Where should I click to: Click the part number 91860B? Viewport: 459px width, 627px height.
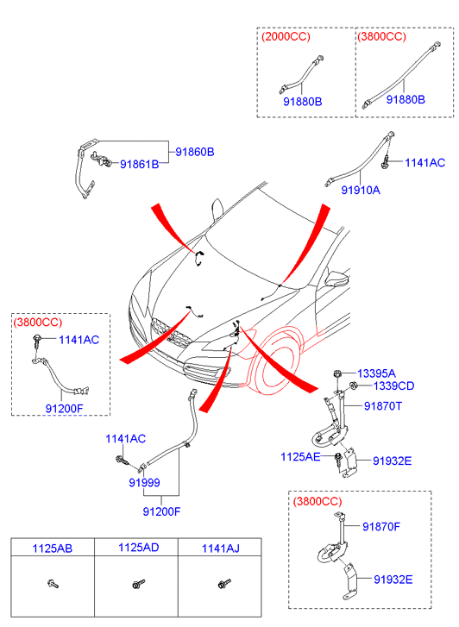coord(195,152)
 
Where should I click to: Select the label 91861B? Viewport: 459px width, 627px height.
coord(139,165)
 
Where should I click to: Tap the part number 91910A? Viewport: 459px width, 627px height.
coord(361,190)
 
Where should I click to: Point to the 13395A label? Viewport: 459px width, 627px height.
coord(376,373)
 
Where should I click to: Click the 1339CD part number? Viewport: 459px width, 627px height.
coord(393,386)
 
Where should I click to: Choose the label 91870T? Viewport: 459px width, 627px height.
coord(382,406)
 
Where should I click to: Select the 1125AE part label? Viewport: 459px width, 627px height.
coord(300,456)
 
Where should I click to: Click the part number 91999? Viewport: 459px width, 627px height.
coord(144,483)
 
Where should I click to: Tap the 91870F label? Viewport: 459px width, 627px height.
coord(381,527)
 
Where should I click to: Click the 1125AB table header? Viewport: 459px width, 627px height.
coord(53,549)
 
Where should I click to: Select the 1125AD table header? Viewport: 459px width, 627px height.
coord(138,548)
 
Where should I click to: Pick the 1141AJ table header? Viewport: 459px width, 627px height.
coord(221,549)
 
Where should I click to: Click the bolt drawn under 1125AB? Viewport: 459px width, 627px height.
coord(53,584)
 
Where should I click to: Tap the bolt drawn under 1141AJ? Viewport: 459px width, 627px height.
coord(224,583)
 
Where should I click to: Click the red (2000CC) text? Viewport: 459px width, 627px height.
coord(286,36)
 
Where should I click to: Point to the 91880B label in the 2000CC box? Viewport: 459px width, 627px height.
coord(303,102)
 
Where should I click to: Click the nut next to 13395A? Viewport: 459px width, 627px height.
coord(337,374)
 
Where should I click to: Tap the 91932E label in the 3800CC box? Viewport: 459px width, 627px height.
coord(393,580)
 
